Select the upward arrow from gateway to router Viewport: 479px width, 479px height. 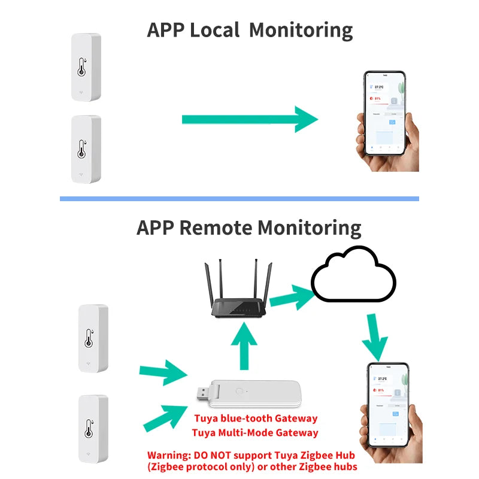click(244, 348)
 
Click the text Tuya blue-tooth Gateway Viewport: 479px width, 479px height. click(255, 419)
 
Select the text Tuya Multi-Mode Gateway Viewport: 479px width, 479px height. click(255, 432)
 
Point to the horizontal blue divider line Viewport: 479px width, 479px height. click(239, 198)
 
